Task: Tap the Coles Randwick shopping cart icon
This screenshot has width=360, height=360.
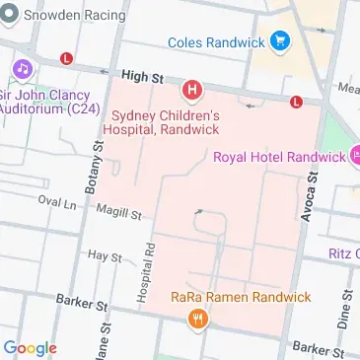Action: tap(282, 41)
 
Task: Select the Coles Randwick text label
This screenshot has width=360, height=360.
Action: tap(217, 42)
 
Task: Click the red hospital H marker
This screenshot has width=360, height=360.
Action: tap(192, 92)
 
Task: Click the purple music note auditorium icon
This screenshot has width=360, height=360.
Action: tap(20, 69)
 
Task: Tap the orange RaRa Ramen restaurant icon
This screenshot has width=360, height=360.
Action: tap(200, 318)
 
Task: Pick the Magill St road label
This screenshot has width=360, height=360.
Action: tap(119, 211)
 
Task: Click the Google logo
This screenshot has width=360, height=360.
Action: tap(30, 347)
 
